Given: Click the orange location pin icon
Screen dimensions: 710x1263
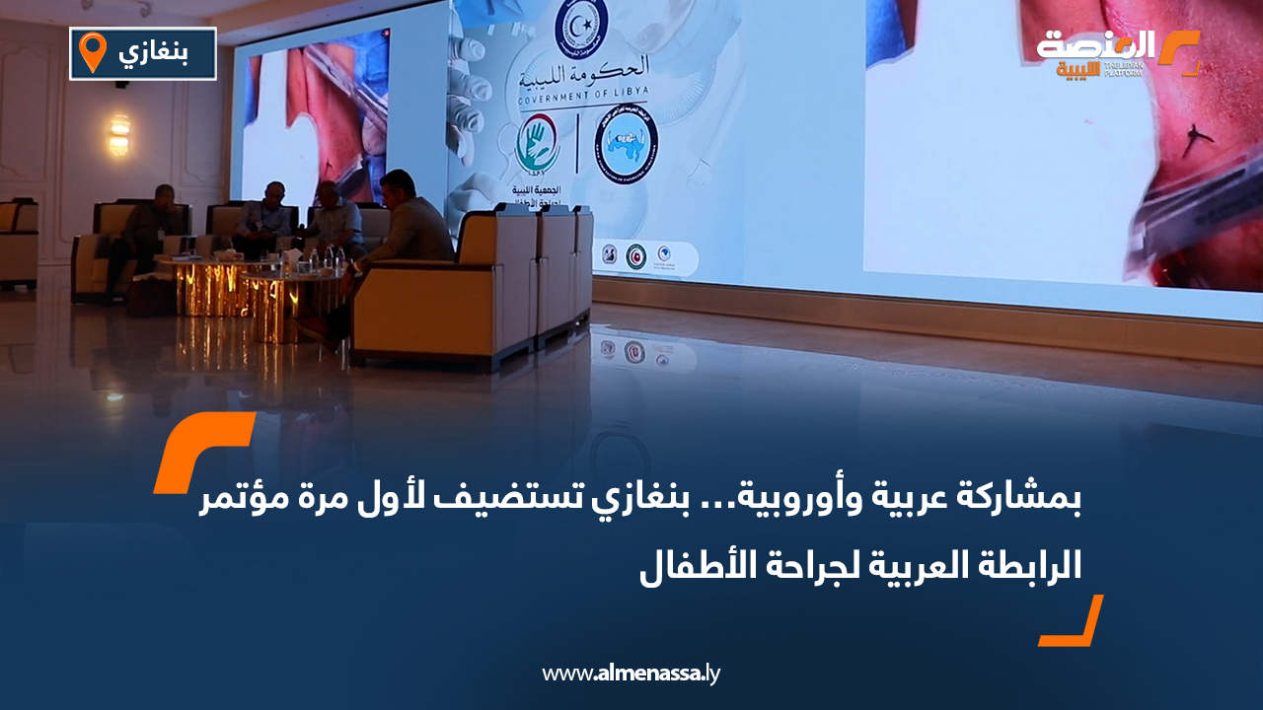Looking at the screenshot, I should pos(92,51).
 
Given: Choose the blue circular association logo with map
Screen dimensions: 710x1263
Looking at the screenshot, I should pos(627,145).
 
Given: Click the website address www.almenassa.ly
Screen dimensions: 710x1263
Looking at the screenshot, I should pos(631,674).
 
